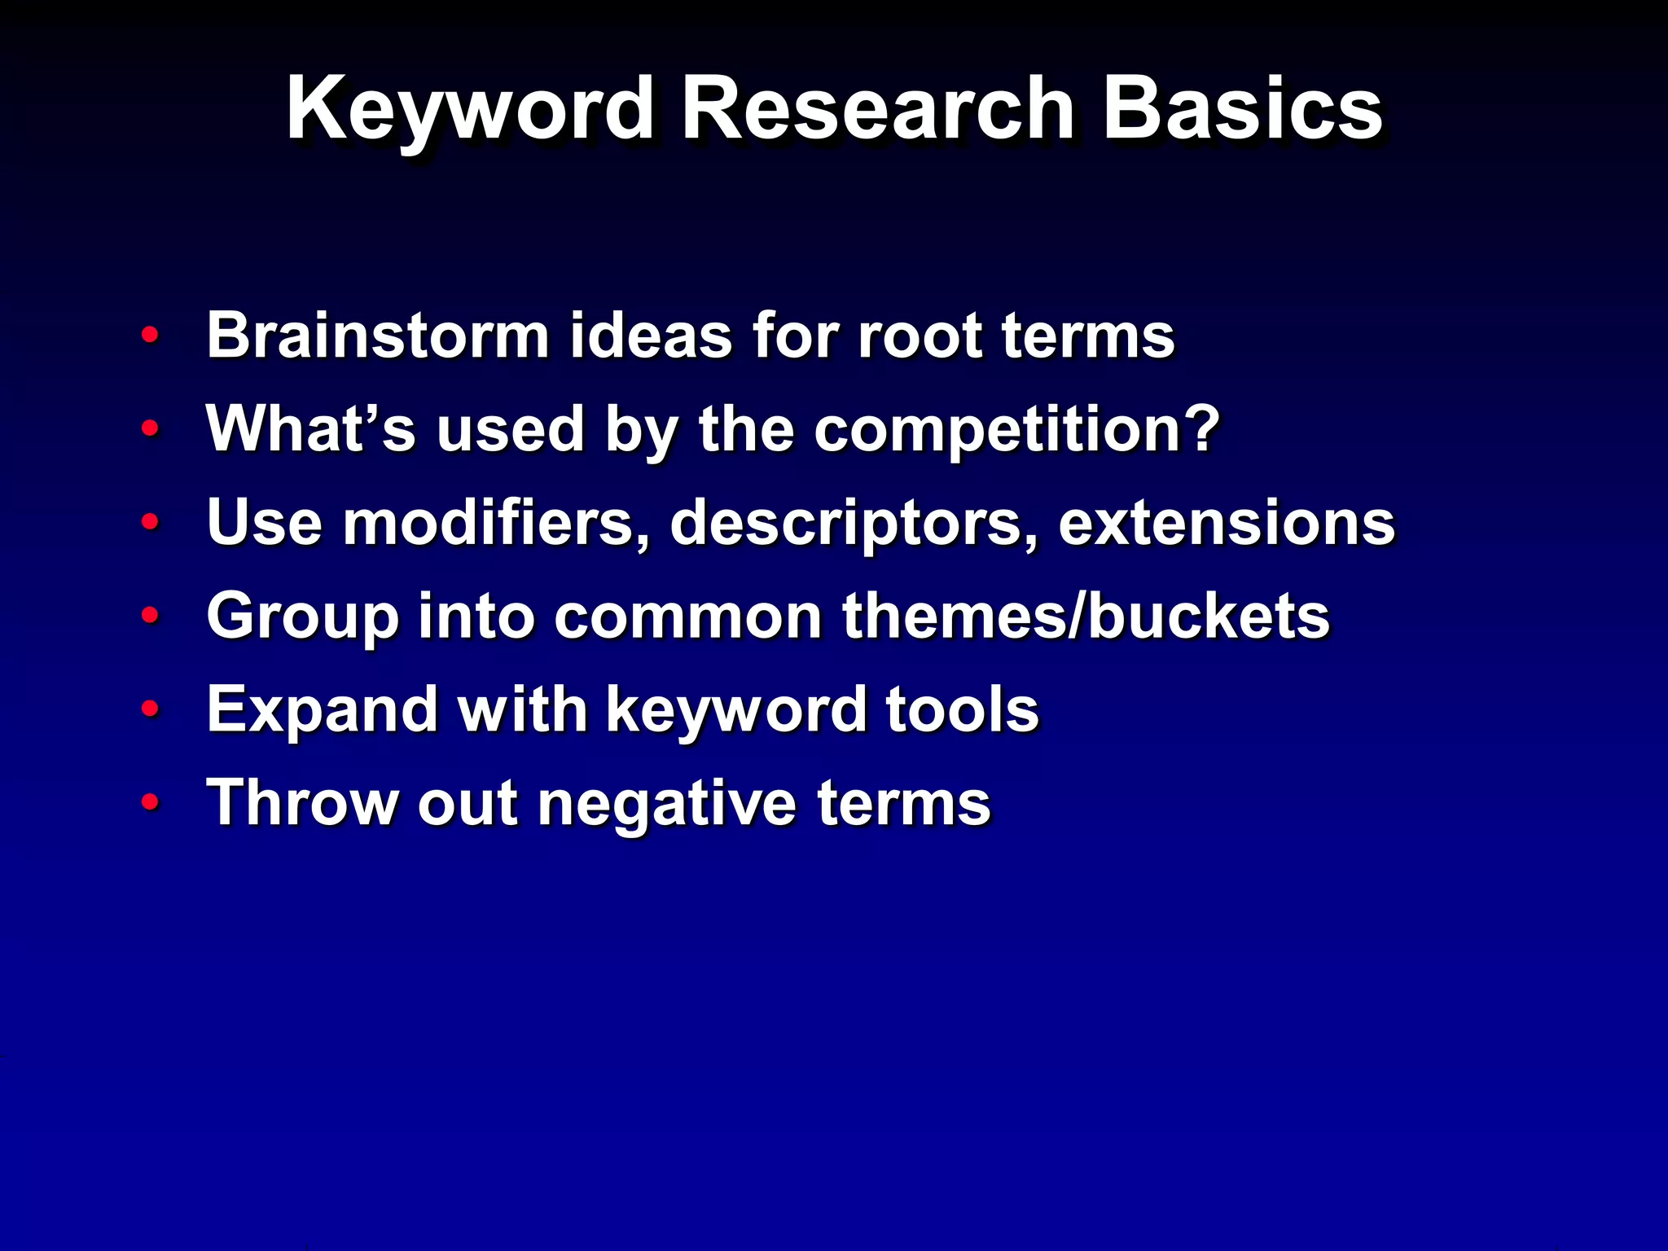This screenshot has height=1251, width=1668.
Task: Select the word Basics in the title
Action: click(1241, 110)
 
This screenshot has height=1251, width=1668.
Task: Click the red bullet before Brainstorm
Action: click(150, 335)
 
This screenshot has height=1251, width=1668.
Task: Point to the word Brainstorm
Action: click(377, 335)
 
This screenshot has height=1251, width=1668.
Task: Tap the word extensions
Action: click(1226, 523)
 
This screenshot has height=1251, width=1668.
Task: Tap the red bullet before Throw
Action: click(150, 802)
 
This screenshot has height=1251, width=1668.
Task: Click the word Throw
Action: click(302, 803)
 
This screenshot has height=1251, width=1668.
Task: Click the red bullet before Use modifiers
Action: click(150, 521)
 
